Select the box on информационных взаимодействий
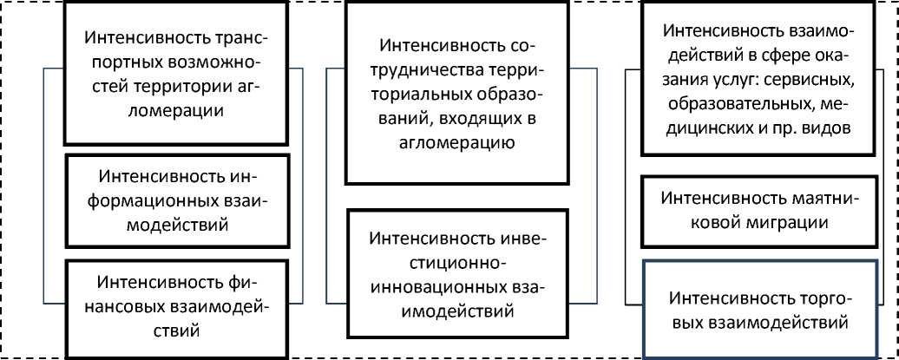coord(178,200)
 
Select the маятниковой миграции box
coord(758,209)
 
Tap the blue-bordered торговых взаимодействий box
coord(758,311)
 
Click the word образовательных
coord(731,104)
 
